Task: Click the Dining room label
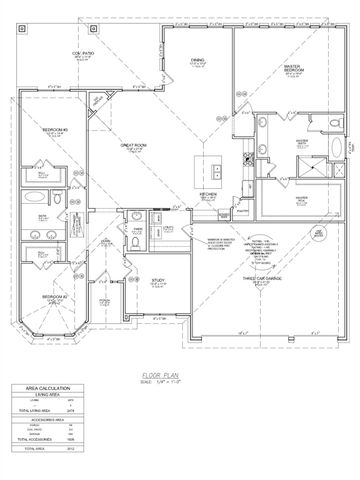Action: coord(197,61)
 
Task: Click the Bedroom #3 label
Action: coord(54,131)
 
